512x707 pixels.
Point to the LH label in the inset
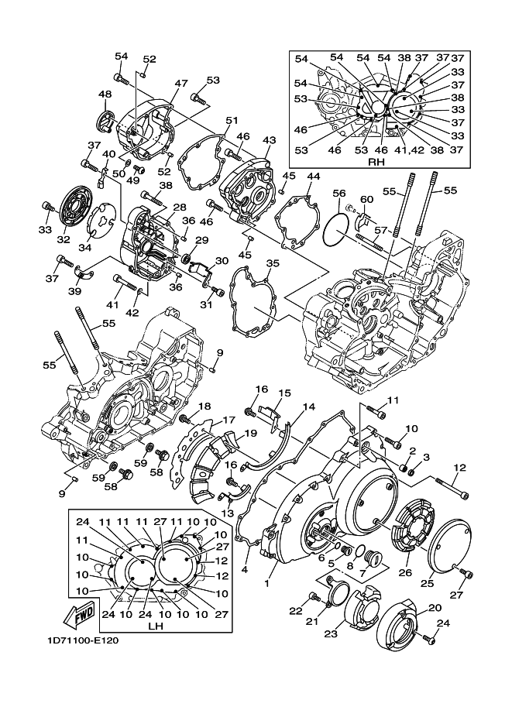(x=156, y=625)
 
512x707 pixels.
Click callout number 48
(x=105, y=94)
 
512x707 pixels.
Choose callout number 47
(x=181, y=84)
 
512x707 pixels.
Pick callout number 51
(x=232, y=121)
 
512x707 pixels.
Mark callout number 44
(x=312, y=177)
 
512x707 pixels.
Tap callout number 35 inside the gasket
(x=272, y=264)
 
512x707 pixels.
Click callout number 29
(x=201, y=241)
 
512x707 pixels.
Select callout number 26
(x=404, y=573)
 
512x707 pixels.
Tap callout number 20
(x=435, y=609)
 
